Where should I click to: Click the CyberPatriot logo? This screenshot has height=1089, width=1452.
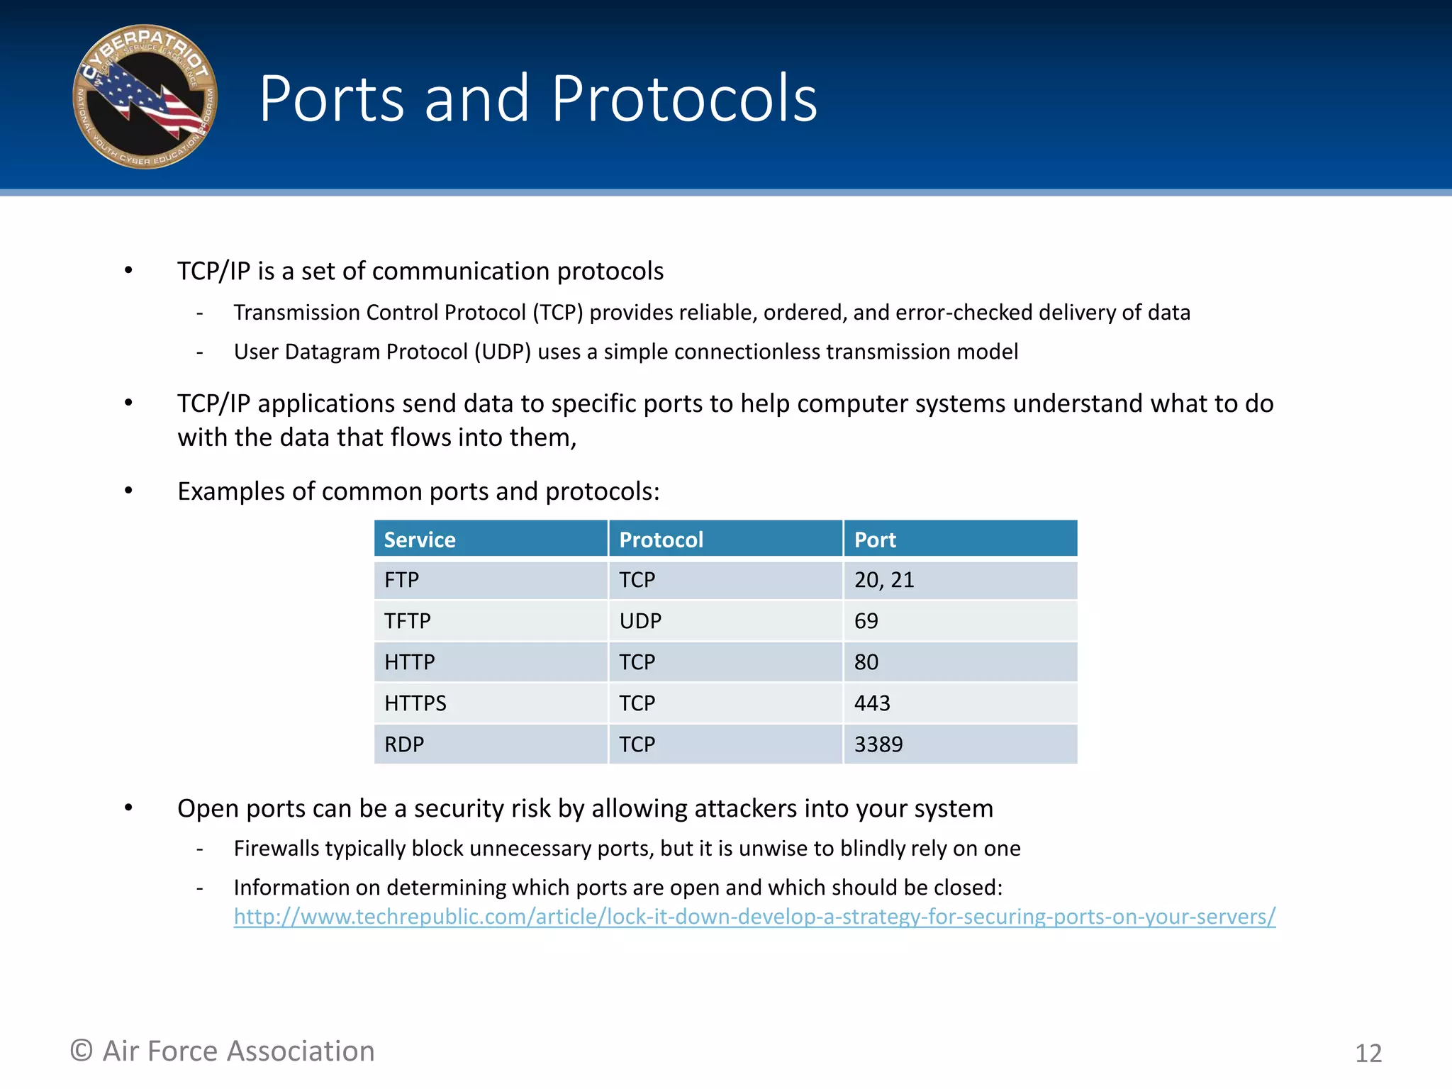[x=145, y=97]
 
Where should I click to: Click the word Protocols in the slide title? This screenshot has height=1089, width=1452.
[x=684, y=99]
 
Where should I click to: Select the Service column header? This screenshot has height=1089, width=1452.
[x=420, y=540]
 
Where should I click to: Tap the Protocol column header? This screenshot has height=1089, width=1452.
[x=661, y=540]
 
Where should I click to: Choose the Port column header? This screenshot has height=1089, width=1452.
[x=875, y=540]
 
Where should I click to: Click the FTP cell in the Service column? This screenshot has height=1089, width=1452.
[x=402, y=581]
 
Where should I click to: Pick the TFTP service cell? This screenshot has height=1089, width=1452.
[x=408, y=621]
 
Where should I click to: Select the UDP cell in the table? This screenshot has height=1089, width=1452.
[x=640, y=621]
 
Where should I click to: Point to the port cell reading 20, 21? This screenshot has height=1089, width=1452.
[x=884, y=581]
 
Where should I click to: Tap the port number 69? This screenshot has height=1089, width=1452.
[x=866, y=621]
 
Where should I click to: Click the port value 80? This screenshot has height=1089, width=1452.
[x=866, y=662]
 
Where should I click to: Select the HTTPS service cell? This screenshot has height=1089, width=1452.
[x=415, y=703]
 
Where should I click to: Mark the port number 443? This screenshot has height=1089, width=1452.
[x=872, y=703]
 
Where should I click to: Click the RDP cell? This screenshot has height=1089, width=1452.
[x=404, y=744]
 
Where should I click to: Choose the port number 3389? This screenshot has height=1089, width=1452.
[x=878, y=744]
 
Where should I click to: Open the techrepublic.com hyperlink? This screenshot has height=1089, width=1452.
[x=754, y=917]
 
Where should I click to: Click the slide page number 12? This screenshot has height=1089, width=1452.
[x=1368, y=1054]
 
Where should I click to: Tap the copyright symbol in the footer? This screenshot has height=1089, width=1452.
[x=82, y=1051]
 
